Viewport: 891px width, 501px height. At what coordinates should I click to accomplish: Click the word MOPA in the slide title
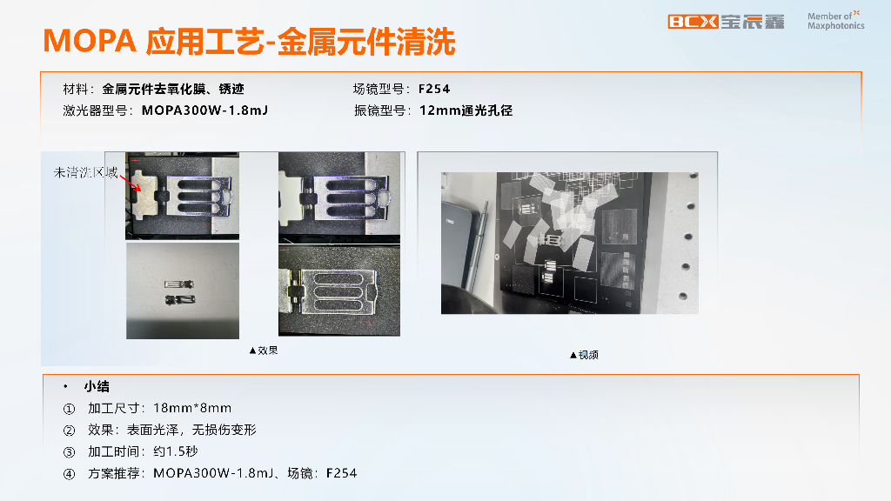click(x=90, y=42)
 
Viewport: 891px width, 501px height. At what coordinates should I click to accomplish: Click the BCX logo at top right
click(x=693, y=22)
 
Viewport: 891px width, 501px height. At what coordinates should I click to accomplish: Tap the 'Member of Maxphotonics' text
click(x=835, y=21)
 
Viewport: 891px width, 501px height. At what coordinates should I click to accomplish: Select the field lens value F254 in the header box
click(x=434, y=89)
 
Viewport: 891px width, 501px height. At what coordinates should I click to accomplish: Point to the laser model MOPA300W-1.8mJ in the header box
click(x=204, y=110)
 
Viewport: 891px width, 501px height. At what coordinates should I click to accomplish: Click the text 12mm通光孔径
click(x=466, y=110)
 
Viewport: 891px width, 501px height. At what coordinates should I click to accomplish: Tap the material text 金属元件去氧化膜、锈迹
click(x=173, y=89)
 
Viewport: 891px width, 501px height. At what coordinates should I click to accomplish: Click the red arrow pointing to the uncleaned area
click(x=130, y=182)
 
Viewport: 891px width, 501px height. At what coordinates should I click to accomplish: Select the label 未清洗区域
click(x=86, y=172)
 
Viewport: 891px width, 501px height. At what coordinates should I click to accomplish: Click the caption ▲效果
click(x=264, y=351)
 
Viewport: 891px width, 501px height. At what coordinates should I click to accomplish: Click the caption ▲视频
click(x=584, y=355)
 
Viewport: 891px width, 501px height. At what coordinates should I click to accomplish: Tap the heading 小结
click(x=97, y=386)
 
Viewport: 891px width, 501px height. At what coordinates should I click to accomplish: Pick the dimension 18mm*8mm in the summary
click(x=192, y=408)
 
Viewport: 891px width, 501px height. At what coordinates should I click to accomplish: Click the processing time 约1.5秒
click(x=176, y=451)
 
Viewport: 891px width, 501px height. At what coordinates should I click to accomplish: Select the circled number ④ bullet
click(x=69, y=474)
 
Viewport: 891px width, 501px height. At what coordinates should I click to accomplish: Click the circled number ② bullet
click(x=69, y=431)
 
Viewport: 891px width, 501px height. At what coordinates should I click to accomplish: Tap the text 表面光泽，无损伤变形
click(x=191, y=430)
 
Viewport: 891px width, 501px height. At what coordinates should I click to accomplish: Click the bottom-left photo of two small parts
click(x=183, y=291)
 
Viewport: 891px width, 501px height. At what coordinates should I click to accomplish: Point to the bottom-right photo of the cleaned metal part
click(x=339, y=291)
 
